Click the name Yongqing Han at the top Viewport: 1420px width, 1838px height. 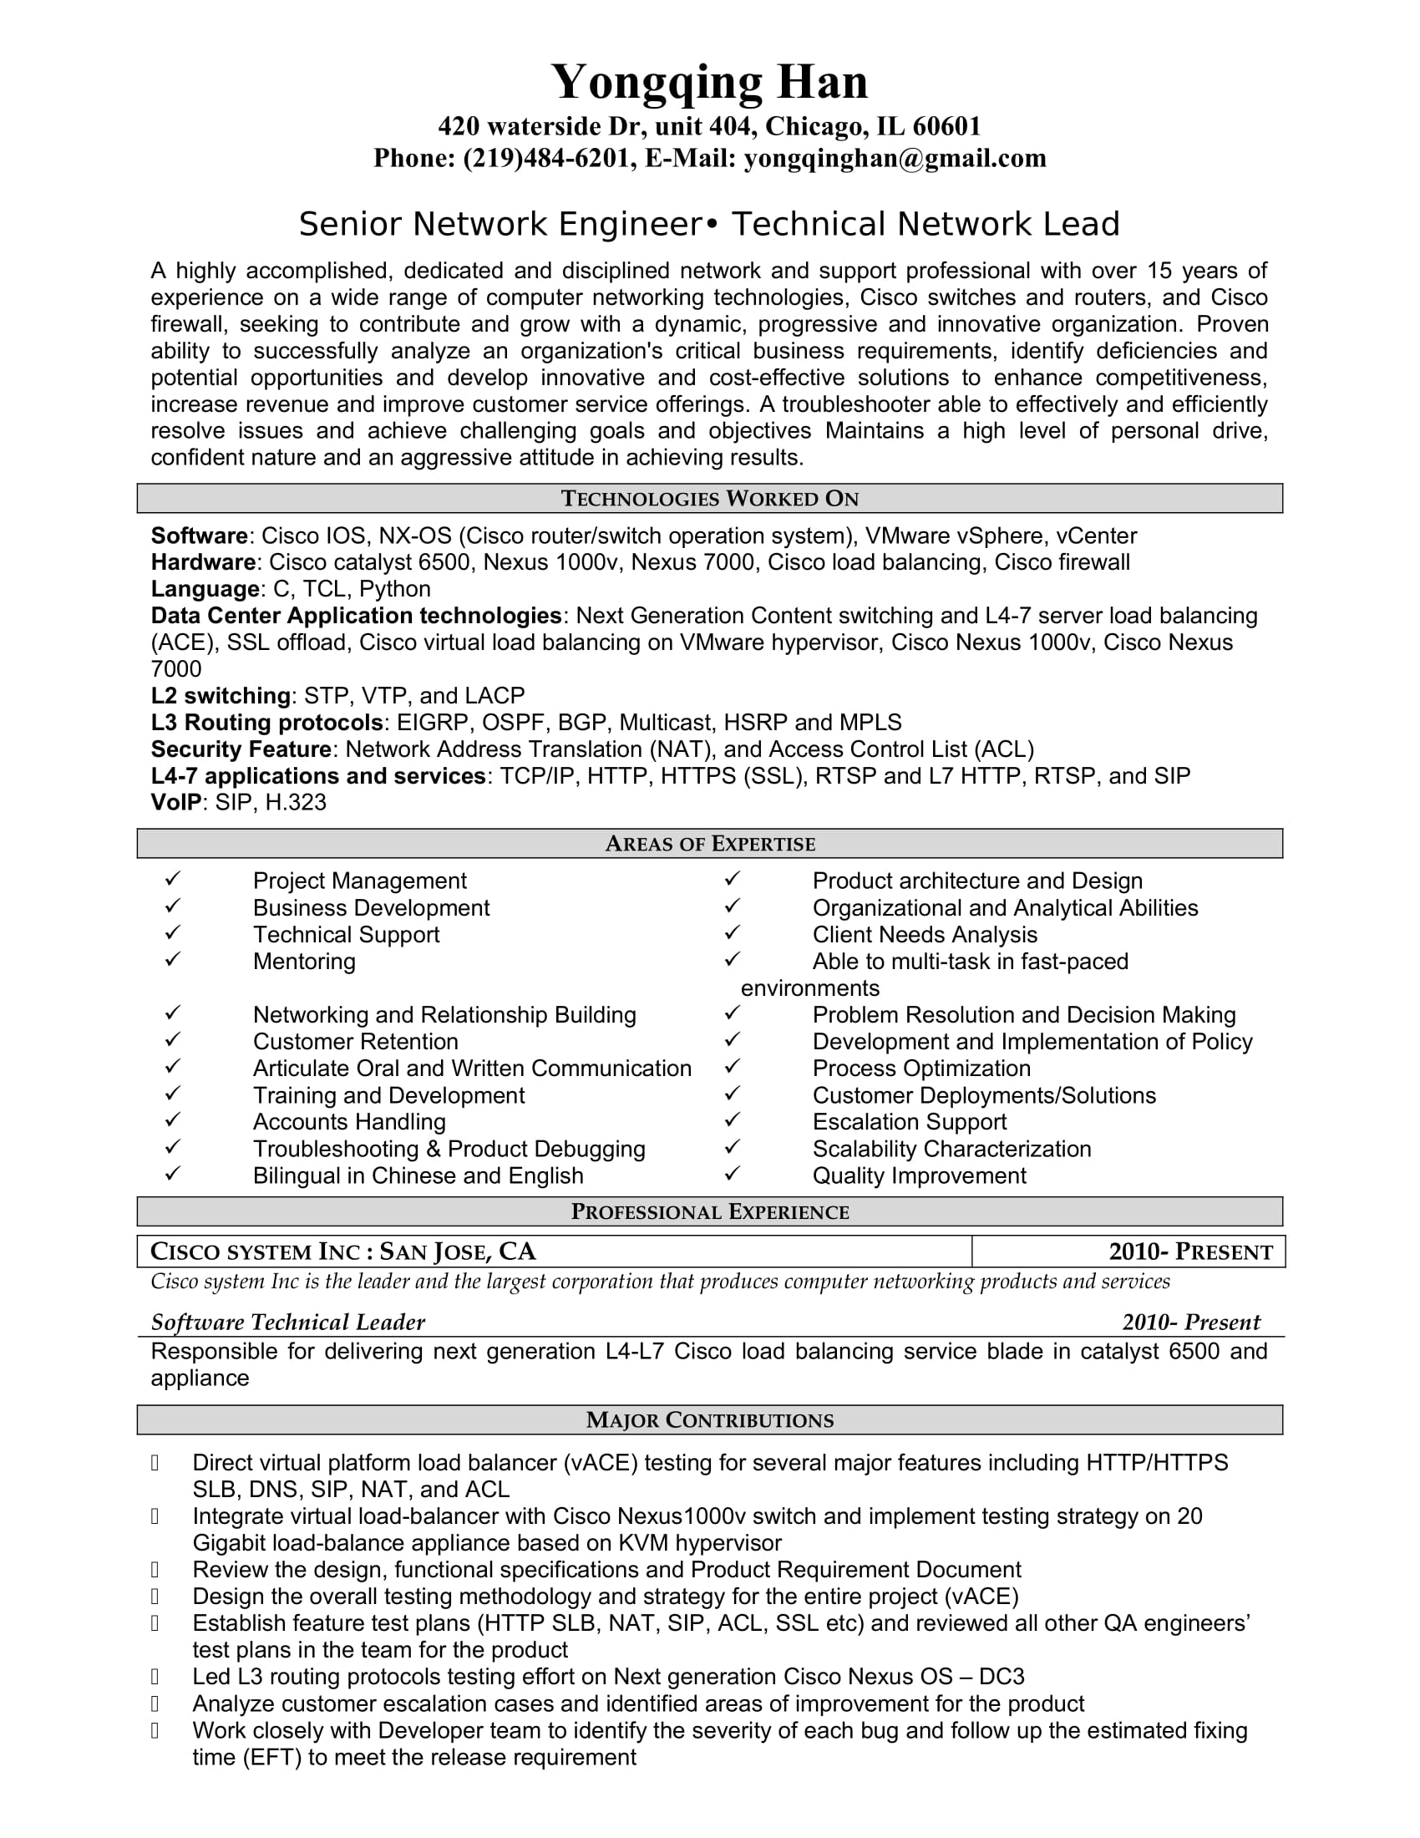pos(709,83)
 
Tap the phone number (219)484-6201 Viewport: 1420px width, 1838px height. pos(550,158)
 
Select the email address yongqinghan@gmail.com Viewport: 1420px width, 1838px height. pos(895,158)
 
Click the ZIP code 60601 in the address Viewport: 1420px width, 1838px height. pos(946,126)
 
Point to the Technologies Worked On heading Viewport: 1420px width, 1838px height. pos(709,499)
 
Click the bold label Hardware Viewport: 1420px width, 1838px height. pos(203,562)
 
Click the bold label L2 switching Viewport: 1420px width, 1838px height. pos(221,696)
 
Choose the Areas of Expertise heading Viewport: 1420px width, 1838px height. pos(709,844)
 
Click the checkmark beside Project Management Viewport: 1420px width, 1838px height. pos(172,880)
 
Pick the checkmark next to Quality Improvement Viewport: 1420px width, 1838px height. pos(732,1174)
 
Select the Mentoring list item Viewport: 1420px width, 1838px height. pos(304,961)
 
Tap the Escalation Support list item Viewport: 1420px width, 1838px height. pos(910,1122)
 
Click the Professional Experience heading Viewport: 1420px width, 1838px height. pos(709,1212)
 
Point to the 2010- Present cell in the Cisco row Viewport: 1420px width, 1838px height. pos(1190,1252)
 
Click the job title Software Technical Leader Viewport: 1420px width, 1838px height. pos(287,1323)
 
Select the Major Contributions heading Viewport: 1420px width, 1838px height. pos(709,1420)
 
